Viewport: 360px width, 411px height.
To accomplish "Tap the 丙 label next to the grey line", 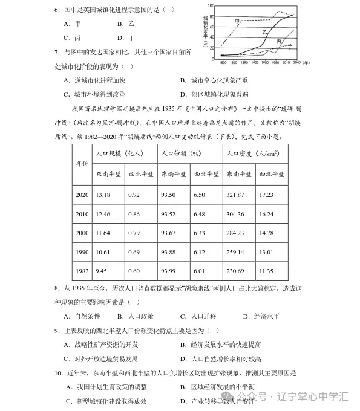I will click(279, 41).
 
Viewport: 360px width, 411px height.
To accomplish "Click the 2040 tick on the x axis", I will click(296, 62).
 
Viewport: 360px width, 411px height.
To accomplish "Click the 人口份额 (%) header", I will click(181, 154).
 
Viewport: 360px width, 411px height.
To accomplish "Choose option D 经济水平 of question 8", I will click(261, 316).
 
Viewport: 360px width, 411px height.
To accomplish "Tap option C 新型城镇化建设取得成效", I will click(106, 401).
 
